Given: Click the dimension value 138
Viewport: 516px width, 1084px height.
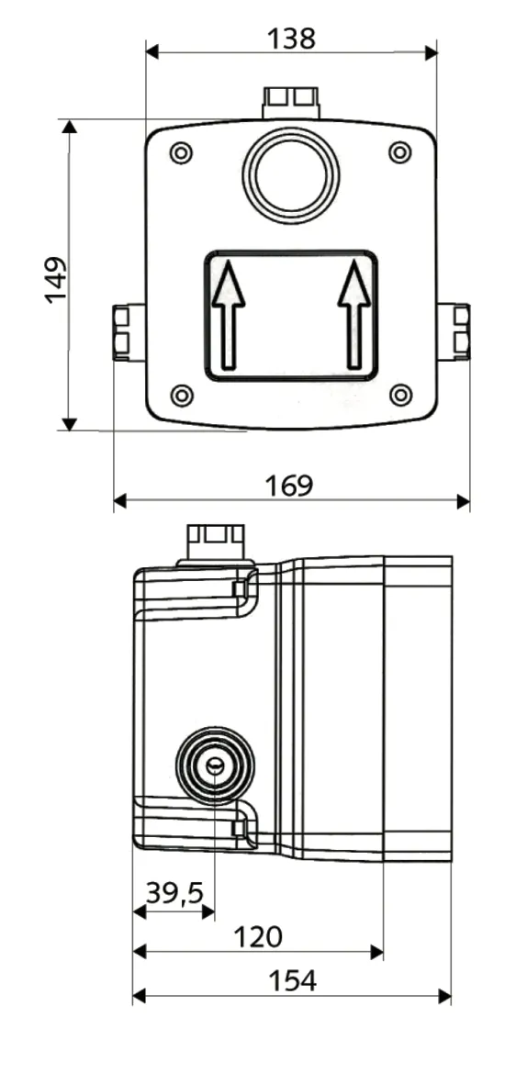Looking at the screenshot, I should (291, 39).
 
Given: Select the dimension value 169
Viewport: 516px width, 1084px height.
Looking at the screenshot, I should (290, 486).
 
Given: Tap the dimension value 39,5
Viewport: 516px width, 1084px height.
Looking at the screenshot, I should (174, 893).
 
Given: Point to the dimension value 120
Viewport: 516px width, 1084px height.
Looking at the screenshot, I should (258, 936).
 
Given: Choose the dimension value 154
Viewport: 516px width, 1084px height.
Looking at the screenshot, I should (292, 980).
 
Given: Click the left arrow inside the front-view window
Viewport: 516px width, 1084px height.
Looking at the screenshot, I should (229, 313).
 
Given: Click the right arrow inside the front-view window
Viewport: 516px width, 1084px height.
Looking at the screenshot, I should (354, 313).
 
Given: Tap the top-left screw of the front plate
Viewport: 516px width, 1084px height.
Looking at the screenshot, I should (182, 153).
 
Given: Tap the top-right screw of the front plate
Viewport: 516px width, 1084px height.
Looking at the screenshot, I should (399, 152).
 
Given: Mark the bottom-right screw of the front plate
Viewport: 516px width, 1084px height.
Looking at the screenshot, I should (400, 395).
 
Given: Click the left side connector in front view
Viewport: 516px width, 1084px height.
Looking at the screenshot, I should (129, 332).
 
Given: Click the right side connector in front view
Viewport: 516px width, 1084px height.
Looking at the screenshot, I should (454, 331).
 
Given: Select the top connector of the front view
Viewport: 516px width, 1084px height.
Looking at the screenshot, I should (291, 102).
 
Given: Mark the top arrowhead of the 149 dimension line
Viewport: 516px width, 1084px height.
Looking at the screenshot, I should (69, 127).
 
